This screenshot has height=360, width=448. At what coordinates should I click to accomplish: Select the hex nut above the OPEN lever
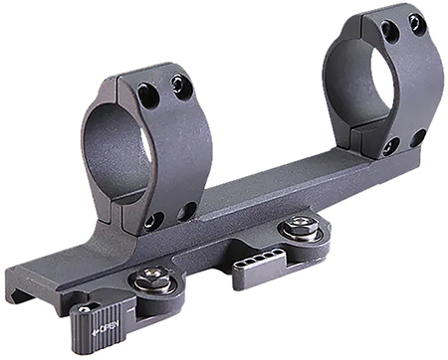152,279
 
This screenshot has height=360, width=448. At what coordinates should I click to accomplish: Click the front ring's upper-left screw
147,96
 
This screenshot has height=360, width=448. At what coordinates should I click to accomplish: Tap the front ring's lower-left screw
152,220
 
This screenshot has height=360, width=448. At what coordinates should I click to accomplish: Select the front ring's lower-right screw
187,210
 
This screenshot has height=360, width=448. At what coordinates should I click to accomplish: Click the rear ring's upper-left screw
389,32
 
